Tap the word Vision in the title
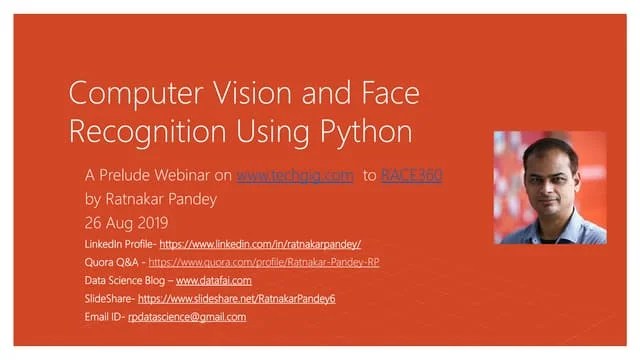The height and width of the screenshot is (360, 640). point(260,96)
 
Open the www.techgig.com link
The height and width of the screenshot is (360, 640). point(295,175)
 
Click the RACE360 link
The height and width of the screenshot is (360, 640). point(412,175)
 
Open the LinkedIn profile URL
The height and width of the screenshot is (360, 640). point(260,243)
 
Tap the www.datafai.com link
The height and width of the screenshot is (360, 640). point(214,281)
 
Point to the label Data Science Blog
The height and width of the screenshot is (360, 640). point(126,281)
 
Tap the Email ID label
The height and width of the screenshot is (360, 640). point(105,317)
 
